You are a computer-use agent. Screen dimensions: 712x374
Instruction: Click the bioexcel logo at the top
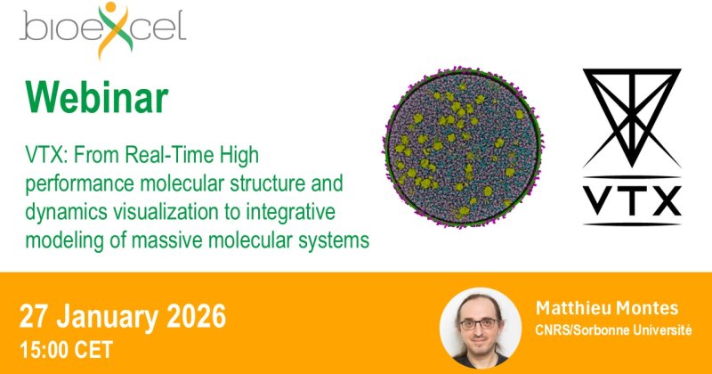point(102,30)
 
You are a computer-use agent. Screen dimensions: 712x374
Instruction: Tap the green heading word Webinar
point(97,97)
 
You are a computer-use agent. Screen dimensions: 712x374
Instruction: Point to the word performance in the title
point(79,184)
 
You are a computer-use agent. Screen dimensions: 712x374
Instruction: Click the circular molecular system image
point(463,146)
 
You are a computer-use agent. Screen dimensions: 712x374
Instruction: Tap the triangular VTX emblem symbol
point(632,118)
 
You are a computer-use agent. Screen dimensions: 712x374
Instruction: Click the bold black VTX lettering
point(632,201)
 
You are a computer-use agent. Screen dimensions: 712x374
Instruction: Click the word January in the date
point(108,316)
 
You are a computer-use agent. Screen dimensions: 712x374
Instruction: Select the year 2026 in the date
point(196,316)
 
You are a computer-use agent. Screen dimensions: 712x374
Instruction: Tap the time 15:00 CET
point(66,350)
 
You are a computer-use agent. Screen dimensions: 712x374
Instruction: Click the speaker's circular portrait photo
point(481,328)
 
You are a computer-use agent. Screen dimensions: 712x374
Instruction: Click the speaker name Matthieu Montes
point(607,308)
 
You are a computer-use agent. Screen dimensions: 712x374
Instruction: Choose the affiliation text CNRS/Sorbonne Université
point(613,329)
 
